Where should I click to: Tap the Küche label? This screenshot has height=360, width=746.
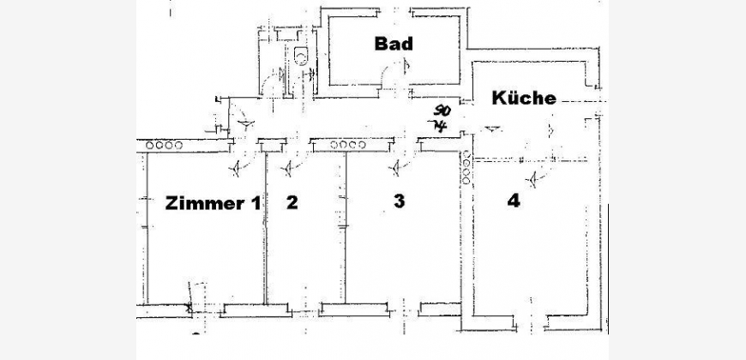(524, 98)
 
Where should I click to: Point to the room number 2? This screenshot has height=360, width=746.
(292, 203)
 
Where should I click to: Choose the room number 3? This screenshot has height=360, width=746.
(399, 201)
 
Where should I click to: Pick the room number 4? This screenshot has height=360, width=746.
(512, 202)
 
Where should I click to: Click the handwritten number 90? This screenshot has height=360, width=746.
(442, 111)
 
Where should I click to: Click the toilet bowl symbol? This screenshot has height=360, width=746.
(299, 58)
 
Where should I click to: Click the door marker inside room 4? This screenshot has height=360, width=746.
(535, 179)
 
